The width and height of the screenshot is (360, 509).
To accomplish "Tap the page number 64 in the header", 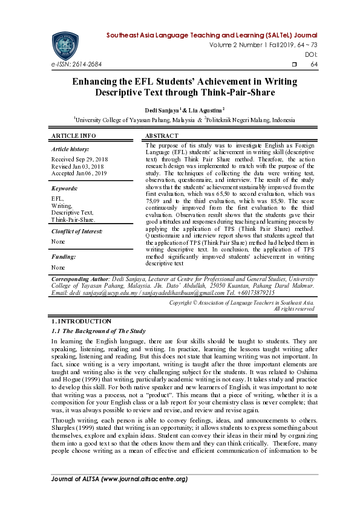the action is [x=314, y=64].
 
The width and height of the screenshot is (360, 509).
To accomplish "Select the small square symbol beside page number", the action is [x=294, y=64].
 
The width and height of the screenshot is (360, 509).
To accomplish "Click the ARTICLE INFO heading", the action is [x=74, y=135].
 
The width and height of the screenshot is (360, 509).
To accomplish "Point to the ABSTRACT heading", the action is [x=162, y=135].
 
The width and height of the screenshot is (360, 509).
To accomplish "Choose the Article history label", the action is [x=70, y=149].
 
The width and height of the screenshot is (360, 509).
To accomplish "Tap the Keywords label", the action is [x=64, y=189].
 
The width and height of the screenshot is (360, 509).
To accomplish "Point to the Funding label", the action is [x=64, y=257].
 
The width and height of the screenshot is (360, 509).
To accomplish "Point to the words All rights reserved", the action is [x=294, y=309].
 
